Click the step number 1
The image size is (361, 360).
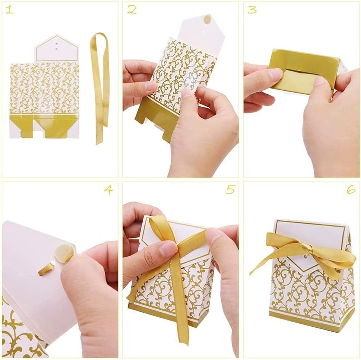[9, 10]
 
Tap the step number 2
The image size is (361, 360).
[131, 10]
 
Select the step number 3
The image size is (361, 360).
[252, 10]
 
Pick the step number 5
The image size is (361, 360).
[230, 190]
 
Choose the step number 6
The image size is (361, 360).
[351, 190]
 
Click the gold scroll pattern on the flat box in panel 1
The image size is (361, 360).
[43, 90]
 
